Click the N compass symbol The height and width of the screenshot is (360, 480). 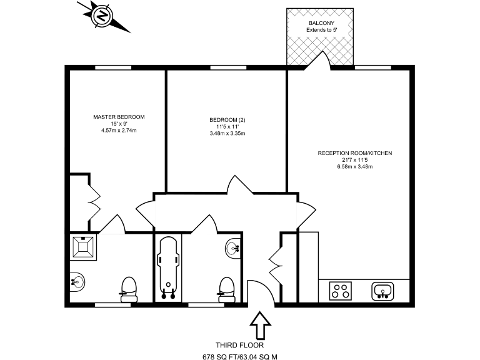click(x=100, y=17)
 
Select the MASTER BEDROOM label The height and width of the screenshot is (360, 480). click(x=119, y=117)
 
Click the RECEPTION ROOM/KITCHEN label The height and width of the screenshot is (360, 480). click(x=355, y=153)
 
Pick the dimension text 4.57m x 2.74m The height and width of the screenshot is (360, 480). click(x=119, y=131)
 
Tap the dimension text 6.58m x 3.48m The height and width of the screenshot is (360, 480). click(x=355, y=166)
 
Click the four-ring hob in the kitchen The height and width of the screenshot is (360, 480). click(x=341, y=290)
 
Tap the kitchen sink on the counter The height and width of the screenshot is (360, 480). click(x=382, y=290)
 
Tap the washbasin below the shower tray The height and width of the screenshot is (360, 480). click(x=77, y=281)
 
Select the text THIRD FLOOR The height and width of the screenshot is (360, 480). click(x=239, y=345)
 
